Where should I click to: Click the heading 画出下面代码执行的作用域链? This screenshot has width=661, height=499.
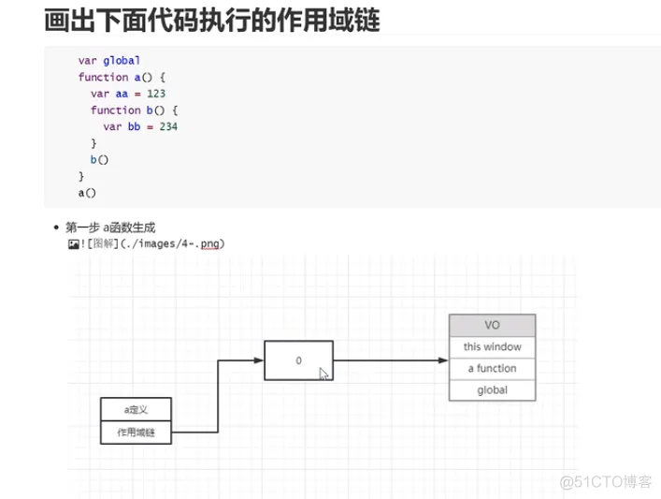click(212, 21)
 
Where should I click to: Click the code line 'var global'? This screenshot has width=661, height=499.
click(108, 61)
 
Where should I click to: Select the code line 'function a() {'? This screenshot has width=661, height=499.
click(121, 78)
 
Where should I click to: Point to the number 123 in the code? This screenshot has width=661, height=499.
click(156, 94)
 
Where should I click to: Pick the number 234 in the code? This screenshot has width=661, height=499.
click(168, 126)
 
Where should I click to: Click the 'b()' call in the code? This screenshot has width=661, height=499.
click(99, 159)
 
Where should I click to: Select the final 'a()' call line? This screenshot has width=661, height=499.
click(86, 192)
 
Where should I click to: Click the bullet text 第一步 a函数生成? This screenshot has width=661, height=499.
click(111, 227)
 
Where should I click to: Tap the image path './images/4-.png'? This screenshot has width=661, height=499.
click(177, 243)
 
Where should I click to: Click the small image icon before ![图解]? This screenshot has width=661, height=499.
click(72, 243)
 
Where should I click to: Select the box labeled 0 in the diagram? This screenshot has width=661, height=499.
click(298, 360)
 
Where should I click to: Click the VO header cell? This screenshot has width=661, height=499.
click(492, 326)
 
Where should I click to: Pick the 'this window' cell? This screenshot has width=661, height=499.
click(492, 347)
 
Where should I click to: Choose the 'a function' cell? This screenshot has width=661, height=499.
click(492, 369)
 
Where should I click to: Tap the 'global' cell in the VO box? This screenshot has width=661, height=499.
click(492, 389)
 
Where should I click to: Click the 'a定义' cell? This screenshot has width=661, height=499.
click(136, 409)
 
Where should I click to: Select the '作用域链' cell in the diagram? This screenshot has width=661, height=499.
click(136, 433)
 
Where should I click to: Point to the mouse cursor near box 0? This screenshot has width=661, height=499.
click(323, 374)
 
